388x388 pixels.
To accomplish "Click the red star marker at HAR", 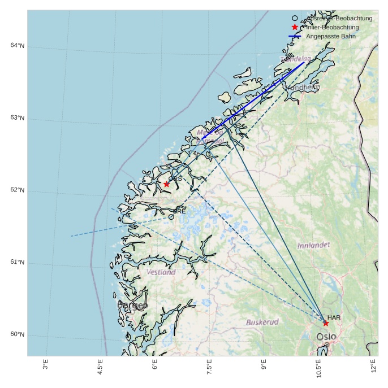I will point(326,323).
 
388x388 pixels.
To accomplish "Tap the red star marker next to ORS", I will point(166,184).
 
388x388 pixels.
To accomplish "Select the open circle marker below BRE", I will point(171,217).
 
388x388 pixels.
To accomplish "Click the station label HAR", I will point(334,317).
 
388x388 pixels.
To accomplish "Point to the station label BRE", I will point(179,211).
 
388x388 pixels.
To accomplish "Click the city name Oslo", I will point(326,337).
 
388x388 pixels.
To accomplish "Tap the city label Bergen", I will point(132,306).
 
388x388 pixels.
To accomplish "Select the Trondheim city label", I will point(302,88).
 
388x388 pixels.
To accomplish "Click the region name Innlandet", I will point(313,245).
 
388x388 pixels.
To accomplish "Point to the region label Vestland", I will point(161,272).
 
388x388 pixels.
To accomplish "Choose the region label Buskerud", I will point(262,322).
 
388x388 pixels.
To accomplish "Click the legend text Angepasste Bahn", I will point(331,36).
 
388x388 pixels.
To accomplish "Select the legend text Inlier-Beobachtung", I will point(333,27).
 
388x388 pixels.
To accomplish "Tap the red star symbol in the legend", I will point(295,27).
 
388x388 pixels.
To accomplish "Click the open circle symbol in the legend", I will point(295,18).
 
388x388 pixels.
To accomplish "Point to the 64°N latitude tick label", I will point(17,46).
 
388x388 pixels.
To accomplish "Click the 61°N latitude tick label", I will point(17,263).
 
